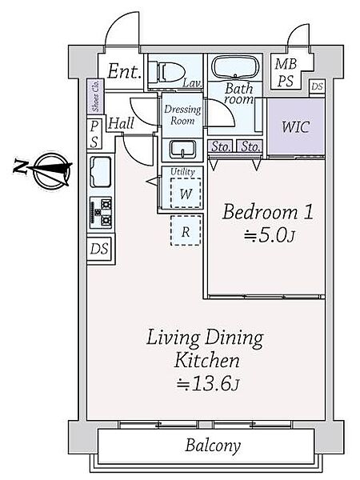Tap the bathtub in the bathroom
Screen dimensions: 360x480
pos(235,68)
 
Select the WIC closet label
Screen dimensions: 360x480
pos(295,126)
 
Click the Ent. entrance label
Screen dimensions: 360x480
pos(124,71)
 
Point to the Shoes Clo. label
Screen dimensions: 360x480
pos(95,96)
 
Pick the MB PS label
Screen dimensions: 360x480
pos(286,73)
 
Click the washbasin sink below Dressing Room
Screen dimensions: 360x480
pos(182,150)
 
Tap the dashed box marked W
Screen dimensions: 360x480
pos(186,193)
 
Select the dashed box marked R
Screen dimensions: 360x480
pos(186,231)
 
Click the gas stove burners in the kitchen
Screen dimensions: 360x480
pos(101,213)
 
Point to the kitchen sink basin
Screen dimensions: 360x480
pos(101,172)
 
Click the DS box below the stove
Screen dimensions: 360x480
pos(99,248)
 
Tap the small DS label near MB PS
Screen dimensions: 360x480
pos(317,86)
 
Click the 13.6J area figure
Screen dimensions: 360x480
pos(207,384)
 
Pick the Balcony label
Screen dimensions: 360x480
pos(213,445)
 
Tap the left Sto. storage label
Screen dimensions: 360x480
pos(221,147)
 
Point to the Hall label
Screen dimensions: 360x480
pos(121,124)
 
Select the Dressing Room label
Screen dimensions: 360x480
pos(182,115)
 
